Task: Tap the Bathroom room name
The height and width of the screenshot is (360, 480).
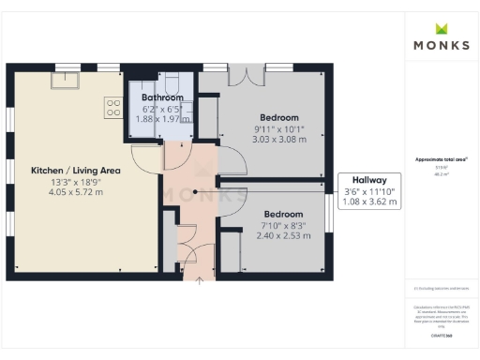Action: [162, 97]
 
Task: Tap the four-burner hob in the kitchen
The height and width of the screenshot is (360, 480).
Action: [112, 108]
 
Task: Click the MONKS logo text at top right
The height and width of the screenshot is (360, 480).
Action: [441, 44]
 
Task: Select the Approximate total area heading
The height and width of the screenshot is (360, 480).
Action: [441, 159]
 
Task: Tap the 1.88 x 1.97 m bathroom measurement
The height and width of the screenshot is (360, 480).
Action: [162, 119]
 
